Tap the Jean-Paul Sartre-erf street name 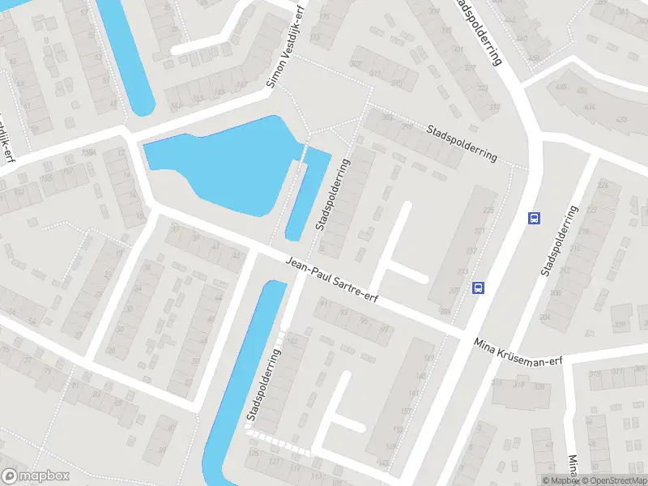coord(334,279)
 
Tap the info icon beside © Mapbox coord(535,480)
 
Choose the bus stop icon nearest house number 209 coord(479,288)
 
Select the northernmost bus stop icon coord(534,217)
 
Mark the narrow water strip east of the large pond coord(308,194)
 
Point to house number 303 coord(386,117)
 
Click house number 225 coord(488,211)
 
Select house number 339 coord(621,326)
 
